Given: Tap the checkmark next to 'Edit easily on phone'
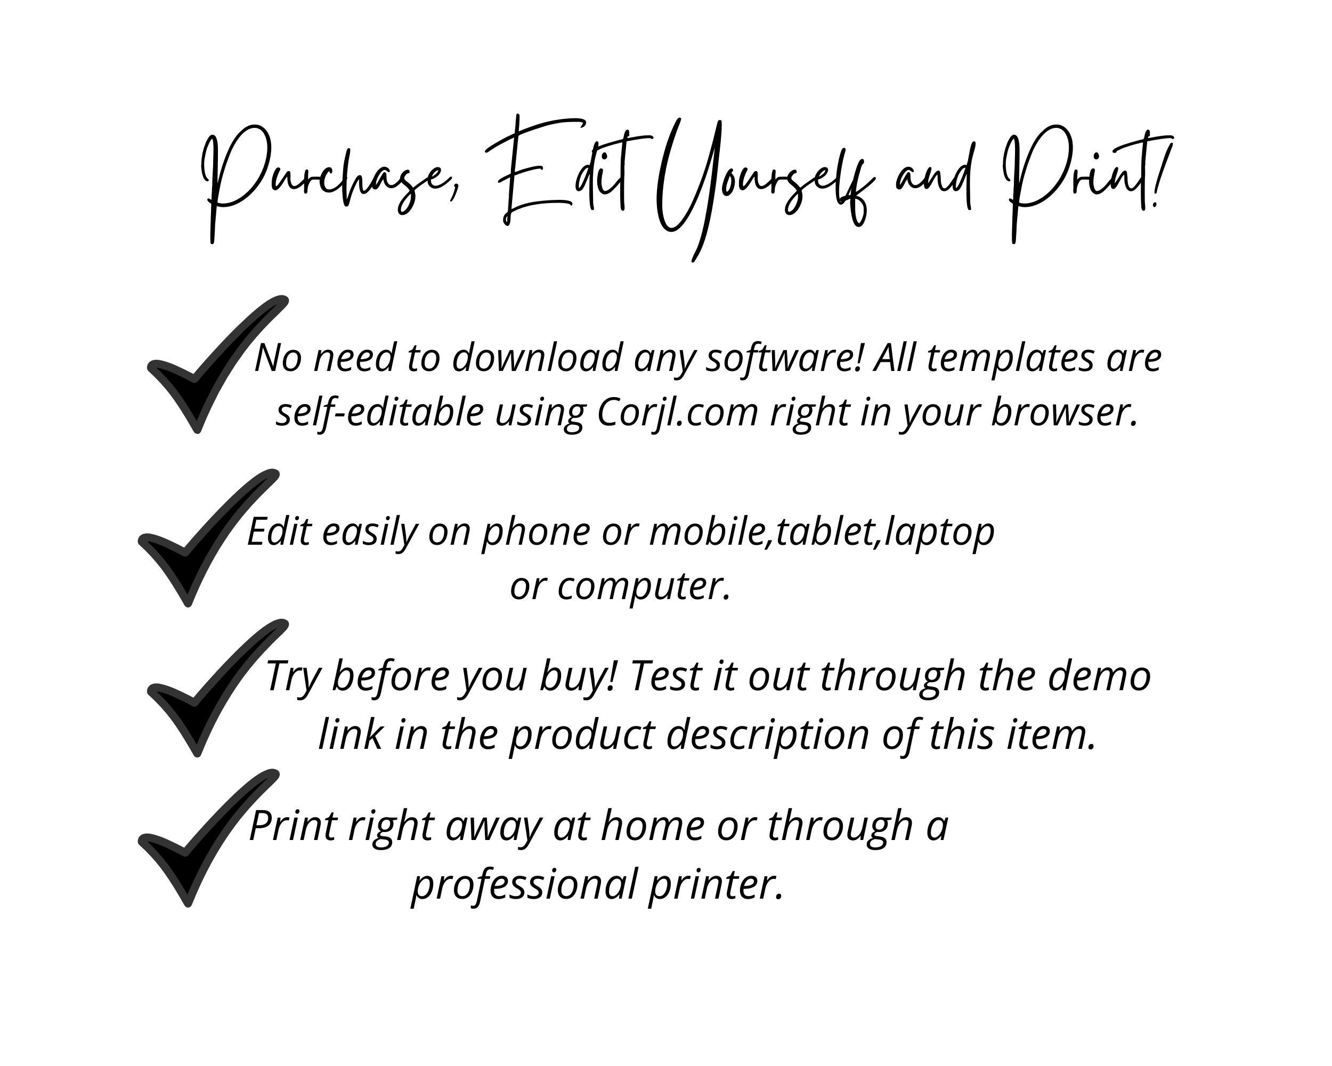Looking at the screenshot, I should (x=204, y=538).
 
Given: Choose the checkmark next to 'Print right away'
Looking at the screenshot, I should (x=204, y=837).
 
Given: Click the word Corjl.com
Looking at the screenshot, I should (x=677, y=412).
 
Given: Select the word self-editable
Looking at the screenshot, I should (x=379, y=412).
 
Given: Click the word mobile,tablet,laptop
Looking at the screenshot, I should (x=821, y=531).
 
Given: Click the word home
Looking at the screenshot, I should (x=652, y=826).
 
